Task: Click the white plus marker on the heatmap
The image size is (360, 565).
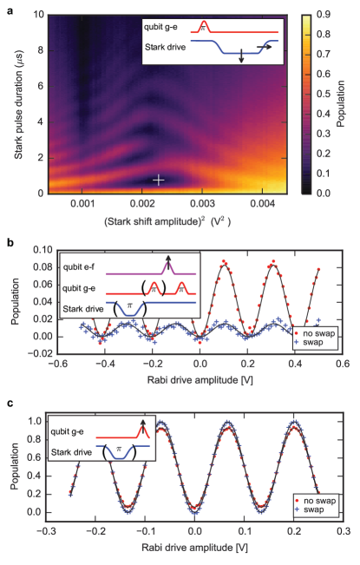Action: (159, 180)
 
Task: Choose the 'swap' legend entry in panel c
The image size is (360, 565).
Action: (319, 511)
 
